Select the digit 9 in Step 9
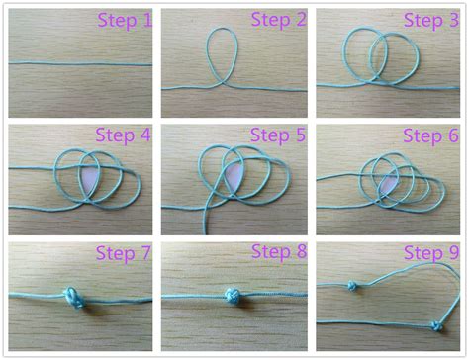click(x=458, y=254)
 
